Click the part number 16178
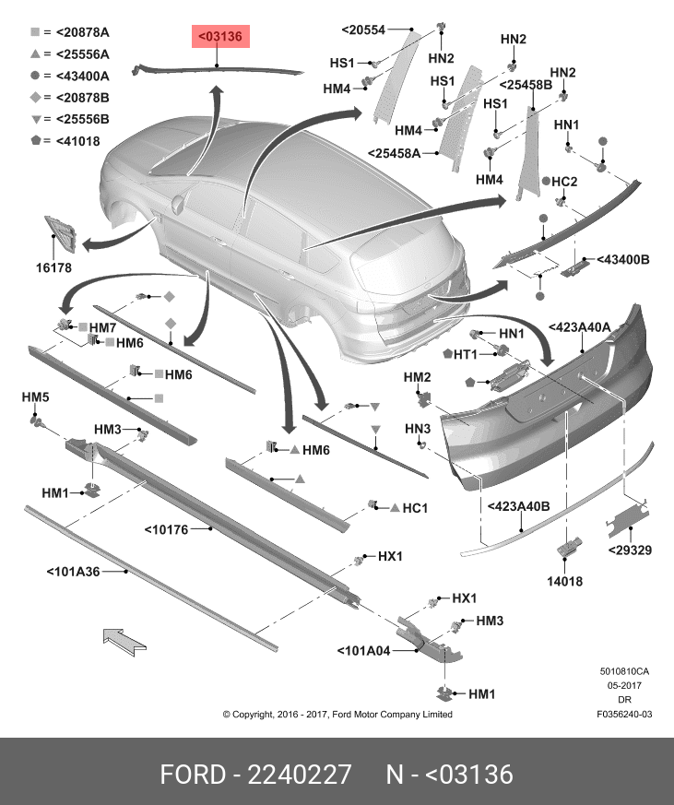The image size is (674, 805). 54,267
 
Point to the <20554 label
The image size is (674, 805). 363,30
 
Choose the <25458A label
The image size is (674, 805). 394,153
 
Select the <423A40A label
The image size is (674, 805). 580,327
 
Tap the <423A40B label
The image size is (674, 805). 518,506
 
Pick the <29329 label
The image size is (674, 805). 630,550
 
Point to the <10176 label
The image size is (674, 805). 166,529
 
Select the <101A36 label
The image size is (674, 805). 73,572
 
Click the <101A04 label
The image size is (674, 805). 364,649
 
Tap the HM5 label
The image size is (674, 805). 35,397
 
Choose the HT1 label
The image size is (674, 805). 465,355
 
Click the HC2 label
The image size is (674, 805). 564,181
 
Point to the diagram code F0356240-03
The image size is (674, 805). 624,714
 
